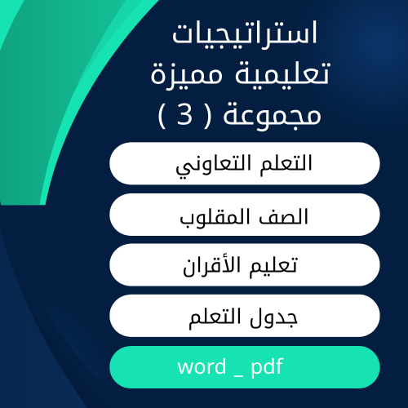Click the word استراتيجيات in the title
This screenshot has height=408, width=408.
click(x=246, y=36)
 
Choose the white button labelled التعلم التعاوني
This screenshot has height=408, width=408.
click(x=244, y=163)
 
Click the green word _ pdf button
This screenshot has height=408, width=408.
click(x=244, y=367)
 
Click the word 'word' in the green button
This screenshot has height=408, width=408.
click(x=201, y=367)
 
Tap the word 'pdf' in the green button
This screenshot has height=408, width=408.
click(x=267, y=368)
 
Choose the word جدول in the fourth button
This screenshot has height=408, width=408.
click(x=279, y=317)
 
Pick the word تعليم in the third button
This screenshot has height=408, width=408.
click(x=275, y=266)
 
